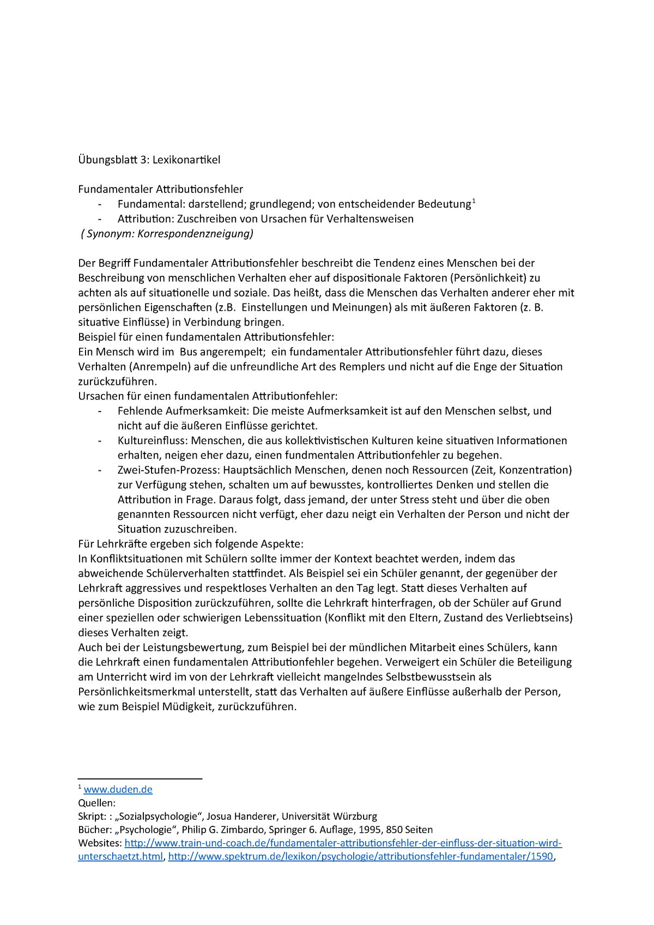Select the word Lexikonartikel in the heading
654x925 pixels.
tap(186, 160)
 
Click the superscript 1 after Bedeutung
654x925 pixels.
tap(474, 202)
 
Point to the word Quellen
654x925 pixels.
tap(96, 803)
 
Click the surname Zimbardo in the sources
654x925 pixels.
tap(223, 830)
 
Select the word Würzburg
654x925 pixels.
tap(353, 816)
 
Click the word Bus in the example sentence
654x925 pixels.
tap(189, 352)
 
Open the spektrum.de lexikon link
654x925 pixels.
tap(360, 856)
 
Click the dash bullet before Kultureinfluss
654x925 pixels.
tap(100, 440)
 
